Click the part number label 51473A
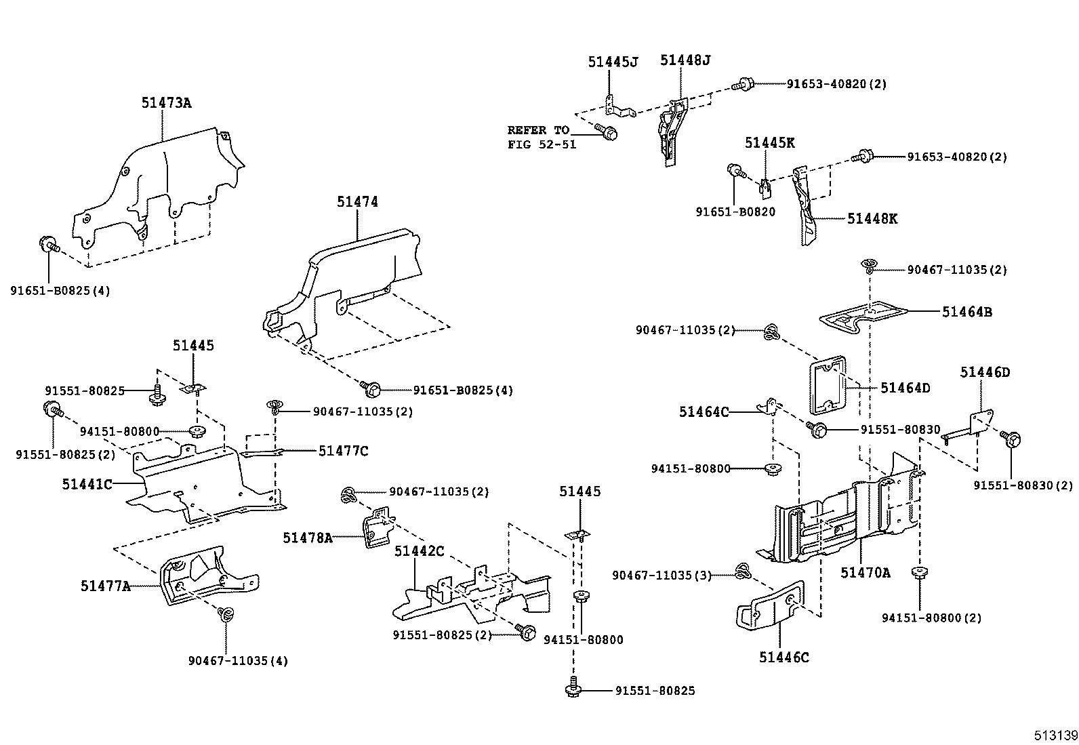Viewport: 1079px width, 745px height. pos(166,103)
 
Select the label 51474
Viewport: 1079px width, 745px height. pos(357,202)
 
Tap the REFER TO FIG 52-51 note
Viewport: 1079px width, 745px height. pos(541,137)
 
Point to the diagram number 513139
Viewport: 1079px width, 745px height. pos(1055,735)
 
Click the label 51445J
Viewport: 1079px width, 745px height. pos(613,62)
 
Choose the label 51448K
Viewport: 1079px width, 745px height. pos(872,219)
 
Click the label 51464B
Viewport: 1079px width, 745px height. pos(967,312)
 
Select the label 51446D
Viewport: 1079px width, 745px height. pos(985,372)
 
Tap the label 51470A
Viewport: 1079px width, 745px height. pos(866,573)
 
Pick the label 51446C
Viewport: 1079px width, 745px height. pos(784,657)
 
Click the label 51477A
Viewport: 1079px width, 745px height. pos(105,586)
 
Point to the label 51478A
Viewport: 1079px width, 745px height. pos(308,538)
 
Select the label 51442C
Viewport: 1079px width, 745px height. pos(420,551)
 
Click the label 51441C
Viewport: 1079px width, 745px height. pos(87,484)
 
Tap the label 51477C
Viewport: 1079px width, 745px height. pos(343,451)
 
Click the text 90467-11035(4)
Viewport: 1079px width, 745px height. pos(238,660)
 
